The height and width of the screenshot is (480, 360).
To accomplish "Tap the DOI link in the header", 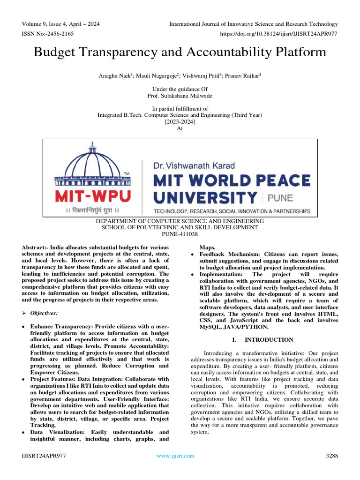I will tap(278, 34).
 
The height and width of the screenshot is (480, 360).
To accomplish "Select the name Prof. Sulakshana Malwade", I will tap(180, 96).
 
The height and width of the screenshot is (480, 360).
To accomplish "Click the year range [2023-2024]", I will tap(180, 122).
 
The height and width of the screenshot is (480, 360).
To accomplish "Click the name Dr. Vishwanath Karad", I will tap(194, 165).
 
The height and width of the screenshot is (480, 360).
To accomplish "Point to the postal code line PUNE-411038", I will tap(180, 234).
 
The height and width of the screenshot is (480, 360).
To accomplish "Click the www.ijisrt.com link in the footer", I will tap(175, 456).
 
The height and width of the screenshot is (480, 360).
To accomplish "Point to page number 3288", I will tap(331, 456).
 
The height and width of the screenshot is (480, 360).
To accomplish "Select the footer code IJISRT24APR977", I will tap(44, 456).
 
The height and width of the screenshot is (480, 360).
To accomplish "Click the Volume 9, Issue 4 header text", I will tap(60, 24).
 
